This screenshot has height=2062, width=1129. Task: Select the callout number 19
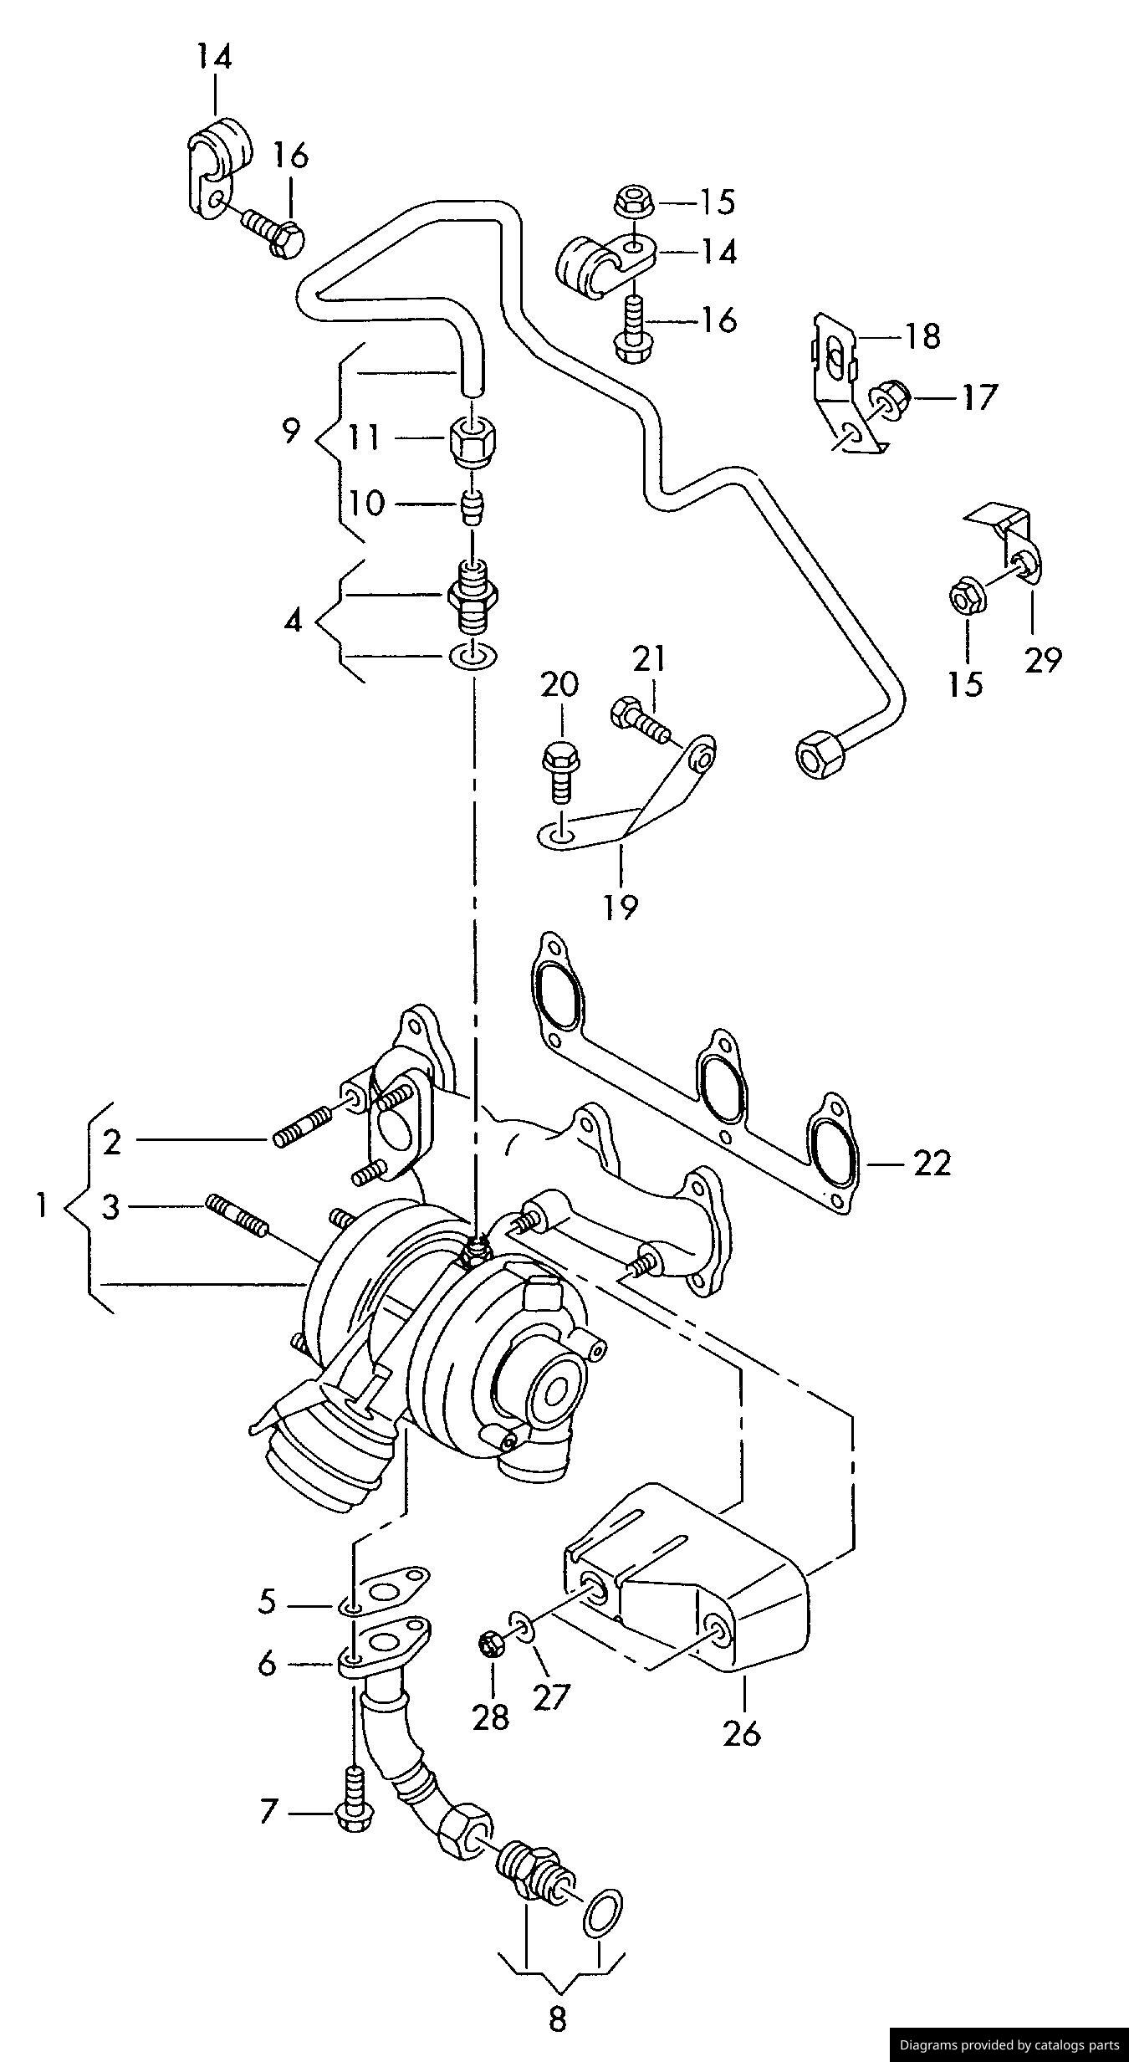(x=621, y=906)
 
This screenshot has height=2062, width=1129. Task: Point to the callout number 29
(x=1042, y=659)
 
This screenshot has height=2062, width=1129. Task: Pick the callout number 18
(x=922, y=336)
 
